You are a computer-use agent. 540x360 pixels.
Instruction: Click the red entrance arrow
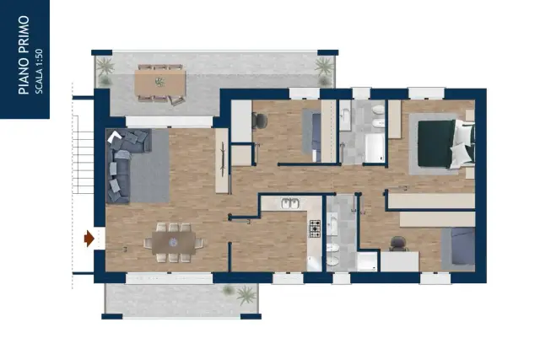(89, 238)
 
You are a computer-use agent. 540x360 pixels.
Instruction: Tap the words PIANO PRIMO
(24, 55)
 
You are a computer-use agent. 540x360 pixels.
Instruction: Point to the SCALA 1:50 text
(40, 72)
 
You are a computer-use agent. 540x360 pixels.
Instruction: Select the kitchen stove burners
(315, 228)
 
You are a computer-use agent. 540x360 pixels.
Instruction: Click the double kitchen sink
(290, 203)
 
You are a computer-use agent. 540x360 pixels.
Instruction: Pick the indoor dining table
(174, 243)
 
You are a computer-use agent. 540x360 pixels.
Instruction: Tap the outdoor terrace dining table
(160, 83)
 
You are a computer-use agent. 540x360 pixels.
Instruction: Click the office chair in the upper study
(259, 120)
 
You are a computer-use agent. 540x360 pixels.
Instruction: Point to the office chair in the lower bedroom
(398, 244)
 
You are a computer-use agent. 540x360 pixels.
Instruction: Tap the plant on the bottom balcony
(246, 295)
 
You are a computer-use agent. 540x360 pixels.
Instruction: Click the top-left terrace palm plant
(105, 66)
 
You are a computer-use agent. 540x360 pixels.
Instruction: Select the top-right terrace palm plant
(324, 66)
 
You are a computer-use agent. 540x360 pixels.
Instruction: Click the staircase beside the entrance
(83, 154)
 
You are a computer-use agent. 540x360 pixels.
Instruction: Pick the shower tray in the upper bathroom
(375, 148)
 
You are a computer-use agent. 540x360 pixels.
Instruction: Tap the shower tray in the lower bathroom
(368, 261)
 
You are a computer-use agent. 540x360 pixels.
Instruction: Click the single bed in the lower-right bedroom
(458, 249)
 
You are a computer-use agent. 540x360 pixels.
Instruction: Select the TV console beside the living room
(222, 160)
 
